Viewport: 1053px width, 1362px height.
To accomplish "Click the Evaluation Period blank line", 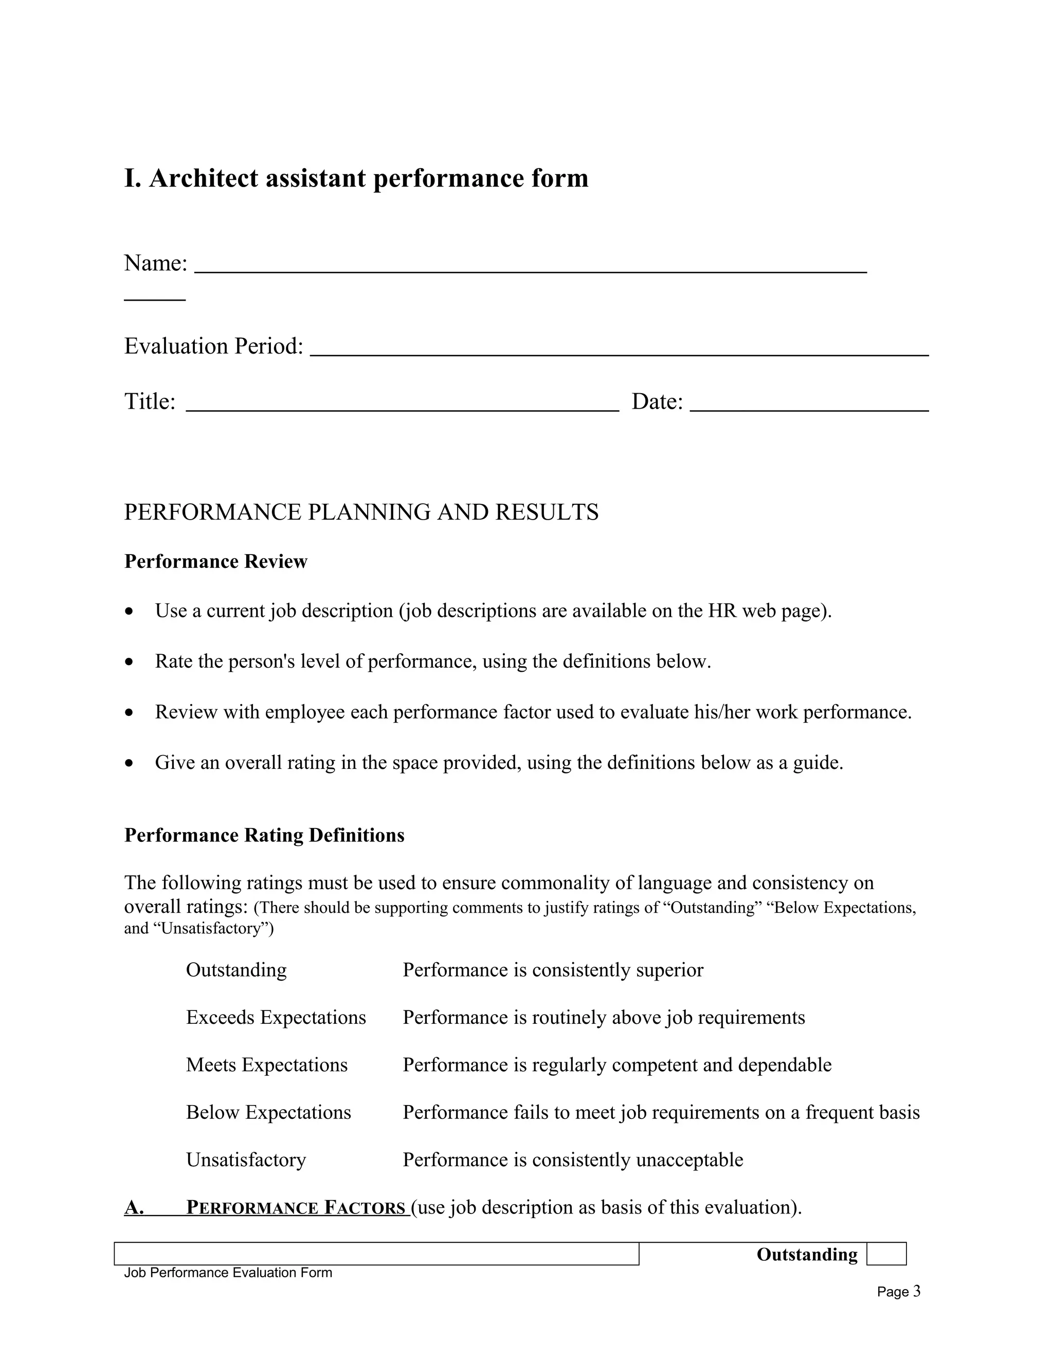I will [619, 354].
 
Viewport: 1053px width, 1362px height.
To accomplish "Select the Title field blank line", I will [403, 409].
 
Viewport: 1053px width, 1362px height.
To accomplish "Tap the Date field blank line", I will [809, 409].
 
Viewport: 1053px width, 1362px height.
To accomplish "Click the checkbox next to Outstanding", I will [886, 1254].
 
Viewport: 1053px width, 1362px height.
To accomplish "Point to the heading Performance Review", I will [216, 561].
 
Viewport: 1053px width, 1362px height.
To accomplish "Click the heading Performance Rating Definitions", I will [264, 835].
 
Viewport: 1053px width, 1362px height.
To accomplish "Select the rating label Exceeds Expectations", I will [276, 1017].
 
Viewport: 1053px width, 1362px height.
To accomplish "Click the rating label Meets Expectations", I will [266, 1064].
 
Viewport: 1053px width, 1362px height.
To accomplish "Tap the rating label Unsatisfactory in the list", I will [246, 1159].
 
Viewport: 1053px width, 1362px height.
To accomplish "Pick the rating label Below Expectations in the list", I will [268, 1112].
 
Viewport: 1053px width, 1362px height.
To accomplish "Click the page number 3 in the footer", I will [916, 1291].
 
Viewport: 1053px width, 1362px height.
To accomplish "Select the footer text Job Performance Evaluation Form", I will [228, 1273].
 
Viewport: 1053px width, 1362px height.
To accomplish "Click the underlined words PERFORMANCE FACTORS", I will [296, 1208].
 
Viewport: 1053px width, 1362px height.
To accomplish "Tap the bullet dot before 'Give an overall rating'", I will [129, 763].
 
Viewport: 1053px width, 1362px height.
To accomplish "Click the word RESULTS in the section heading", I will [547, 512].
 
